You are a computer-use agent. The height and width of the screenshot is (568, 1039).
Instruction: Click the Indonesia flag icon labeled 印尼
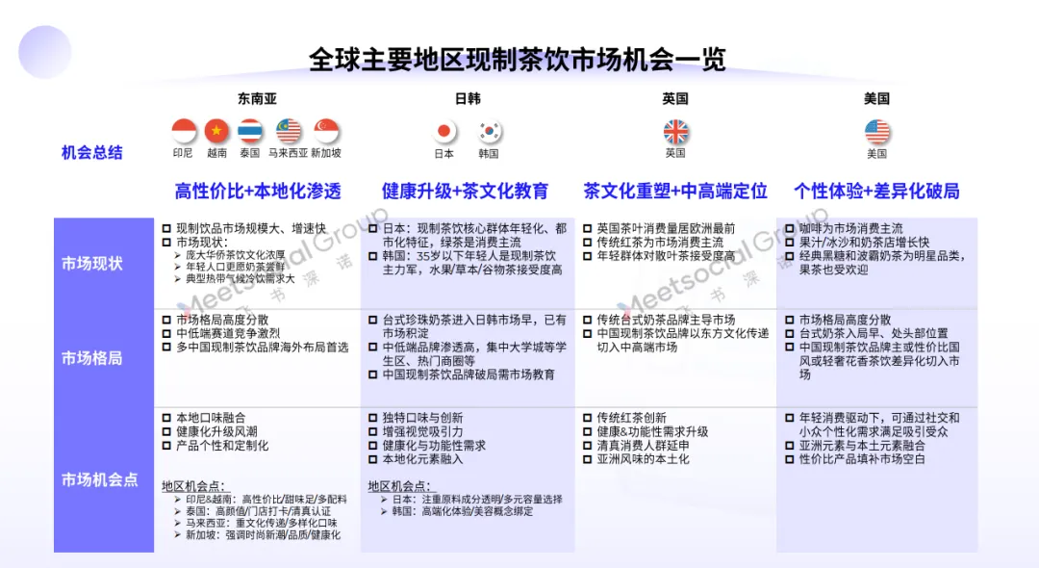tap(184, 131)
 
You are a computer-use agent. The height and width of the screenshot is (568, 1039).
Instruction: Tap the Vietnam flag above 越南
tap(216, 131)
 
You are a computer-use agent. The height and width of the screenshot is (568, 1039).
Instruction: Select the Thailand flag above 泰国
tap(251, 131)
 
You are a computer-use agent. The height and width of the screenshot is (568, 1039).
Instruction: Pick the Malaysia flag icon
tap(289, 131)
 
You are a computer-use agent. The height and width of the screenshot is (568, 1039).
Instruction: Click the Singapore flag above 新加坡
tap(326, 131)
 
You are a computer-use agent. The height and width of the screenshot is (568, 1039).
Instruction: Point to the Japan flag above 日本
tap(444, 131)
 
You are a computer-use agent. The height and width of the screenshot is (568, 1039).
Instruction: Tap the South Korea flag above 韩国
tap(489, 131)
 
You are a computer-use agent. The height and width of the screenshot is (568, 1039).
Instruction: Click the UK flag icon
tap(675, 131)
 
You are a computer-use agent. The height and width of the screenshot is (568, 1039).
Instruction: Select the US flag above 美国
tap(876, 131)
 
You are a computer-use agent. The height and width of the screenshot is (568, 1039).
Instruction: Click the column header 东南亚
tap(257, 98)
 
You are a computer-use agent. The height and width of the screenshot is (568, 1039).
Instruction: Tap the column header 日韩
tap(468, 98)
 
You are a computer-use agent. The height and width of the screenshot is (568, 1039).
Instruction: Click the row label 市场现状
tap(92, 263)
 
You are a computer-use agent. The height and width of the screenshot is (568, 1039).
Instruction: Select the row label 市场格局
tap(92, 358)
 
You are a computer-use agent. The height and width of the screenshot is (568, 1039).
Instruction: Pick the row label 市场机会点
tap(99, 479)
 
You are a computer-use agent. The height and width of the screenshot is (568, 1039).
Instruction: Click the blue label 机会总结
tap(92, 152)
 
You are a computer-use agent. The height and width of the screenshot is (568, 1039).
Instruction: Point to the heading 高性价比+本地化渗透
tap(258, 191)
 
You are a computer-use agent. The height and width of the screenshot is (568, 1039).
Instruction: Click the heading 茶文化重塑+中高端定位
tap(675, 191)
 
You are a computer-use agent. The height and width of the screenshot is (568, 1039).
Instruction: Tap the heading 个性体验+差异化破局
tap(876, 191)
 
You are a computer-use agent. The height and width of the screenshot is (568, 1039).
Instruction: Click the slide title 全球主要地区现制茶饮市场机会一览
tap(518, 59)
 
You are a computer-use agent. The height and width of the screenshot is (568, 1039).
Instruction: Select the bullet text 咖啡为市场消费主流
tap(851, 229)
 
